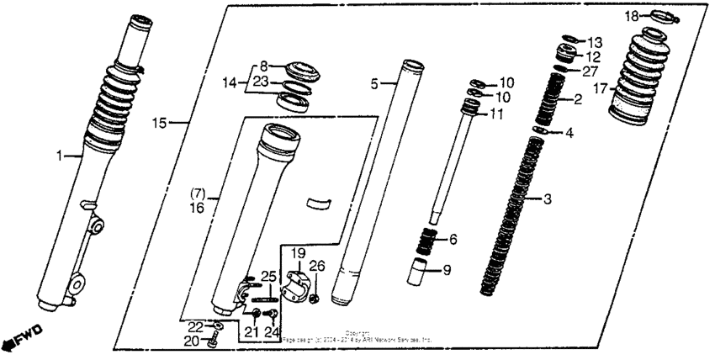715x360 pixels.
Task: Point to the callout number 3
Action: (548, 199)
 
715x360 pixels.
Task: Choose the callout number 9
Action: (447, 270)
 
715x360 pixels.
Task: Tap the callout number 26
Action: (316, 267)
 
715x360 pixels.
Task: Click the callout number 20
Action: (193, 341)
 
